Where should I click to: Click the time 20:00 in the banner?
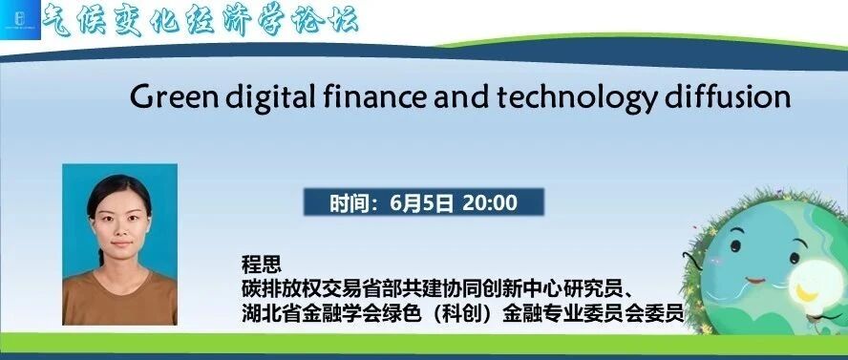(x=490, y=202)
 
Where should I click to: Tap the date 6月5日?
(x=421, y=202)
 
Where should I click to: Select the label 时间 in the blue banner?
(x=347, y=203)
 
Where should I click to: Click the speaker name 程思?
(x=262, y=265)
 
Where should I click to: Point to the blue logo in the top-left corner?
(x=21, y=20)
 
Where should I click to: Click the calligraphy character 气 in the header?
(x=58, y=20)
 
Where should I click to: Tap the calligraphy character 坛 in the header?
(x=342, y=21)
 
